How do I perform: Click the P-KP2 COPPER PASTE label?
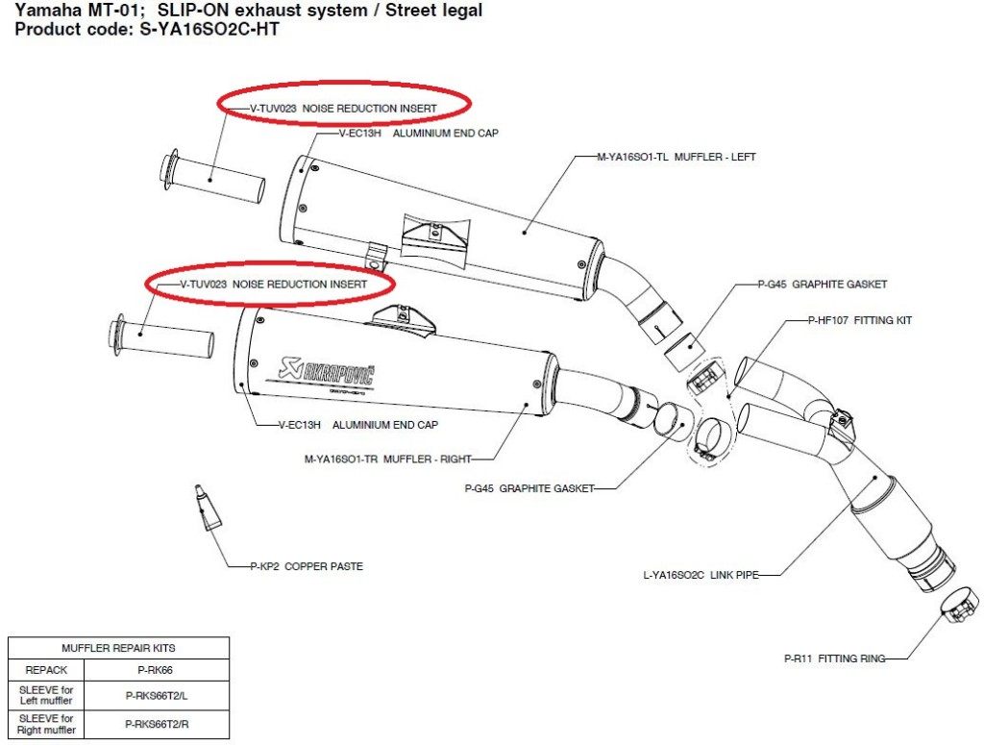[x=307, y=566]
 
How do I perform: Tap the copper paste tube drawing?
[x=207, y=508]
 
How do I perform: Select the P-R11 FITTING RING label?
[x=835, y=658]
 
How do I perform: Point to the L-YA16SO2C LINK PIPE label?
[x=701, y=574]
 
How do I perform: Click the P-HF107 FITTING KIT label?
[x=860, y=320]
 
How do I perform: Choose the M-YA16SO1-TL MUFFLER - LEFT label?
[x=676, y=157]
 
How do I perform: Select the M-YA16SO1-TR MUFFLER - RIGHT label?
[x=388, y=459]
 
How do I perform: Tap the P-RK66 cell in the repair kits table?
[x=156, y=670]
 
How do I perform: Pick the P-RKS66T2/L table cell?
[x=157, y=695]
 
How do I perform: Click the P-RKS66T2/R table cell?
[x=157, y=724]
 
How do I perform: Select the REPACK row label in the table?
[x=46, y=670]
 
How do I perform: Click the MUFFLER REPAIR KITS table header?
[x=118, y=648]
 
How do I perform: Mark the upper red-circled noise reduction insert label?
[x=343, y=108]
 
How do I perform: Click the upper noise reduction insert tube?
[x=212, y=178]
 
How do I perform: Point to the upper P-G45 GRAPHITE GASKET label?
[x=823, y=285]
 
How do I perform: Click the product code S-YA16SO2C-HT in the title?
[x=209, y=30]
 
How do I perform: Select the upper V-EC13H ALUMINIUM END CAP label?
[x=419, y=133]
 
